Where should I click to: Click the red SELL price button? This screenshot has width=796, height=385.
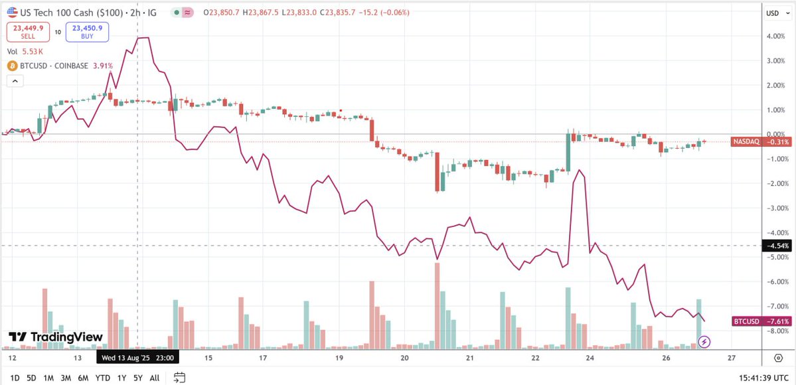pos(24,31)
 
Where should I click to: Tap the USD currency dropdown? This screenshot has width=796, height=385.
pos(773,13)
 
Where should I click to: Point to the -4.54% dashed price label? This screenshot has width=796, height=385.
pos(777,246)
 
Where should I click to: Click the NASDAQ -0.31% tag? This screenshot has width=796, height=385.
pos(761,141)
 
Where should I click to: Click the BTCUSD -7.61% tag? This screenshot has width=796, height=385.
pos(761,321)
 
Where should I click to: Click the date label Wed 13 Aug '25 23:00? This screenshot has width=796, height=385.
pos(138,358)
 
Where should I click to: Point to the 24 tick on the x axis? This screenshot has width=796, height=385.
pos(590,358)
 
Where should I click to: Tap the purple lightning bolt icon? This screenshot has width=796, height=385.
pos(705,342)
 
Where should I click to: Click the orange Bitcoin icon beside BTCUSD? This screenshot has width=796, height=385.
pos(11,66)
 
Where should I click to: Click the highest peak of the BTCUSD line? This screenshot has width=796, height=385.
pos(143,38)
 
